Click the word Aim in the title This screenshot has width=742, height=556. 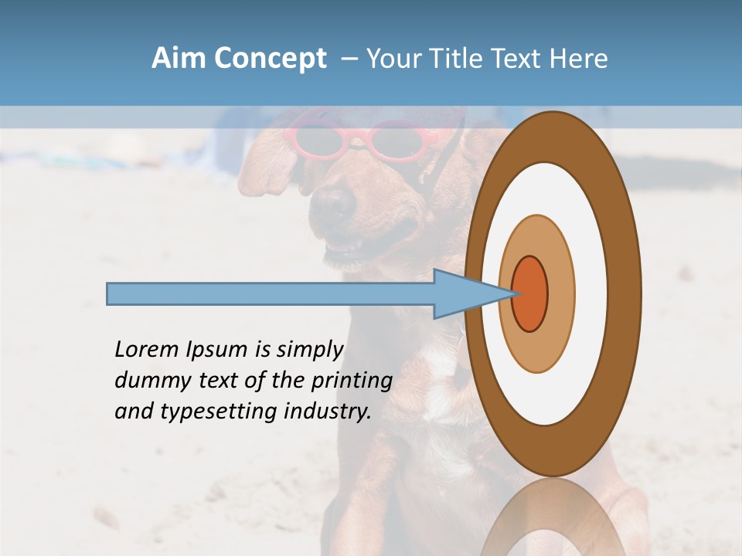click(180, 59)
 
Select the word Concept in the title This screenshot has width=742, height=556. click(271, 59)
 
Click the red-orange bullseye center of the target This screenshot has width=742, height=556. click(530, 293)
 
